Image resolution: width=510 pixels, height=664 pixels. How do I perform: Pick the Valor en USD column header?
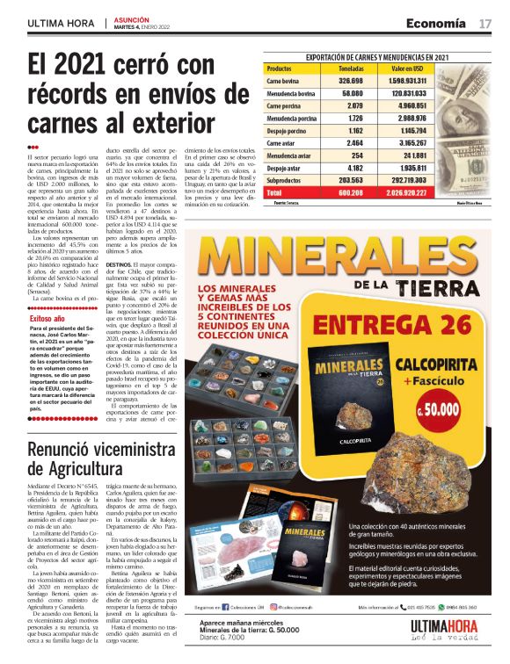pyautogui.click(x=408, y=67)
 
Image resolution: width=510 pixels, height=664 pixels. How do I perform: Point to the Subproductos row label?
pyautogui.click(x=286, y=179)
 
